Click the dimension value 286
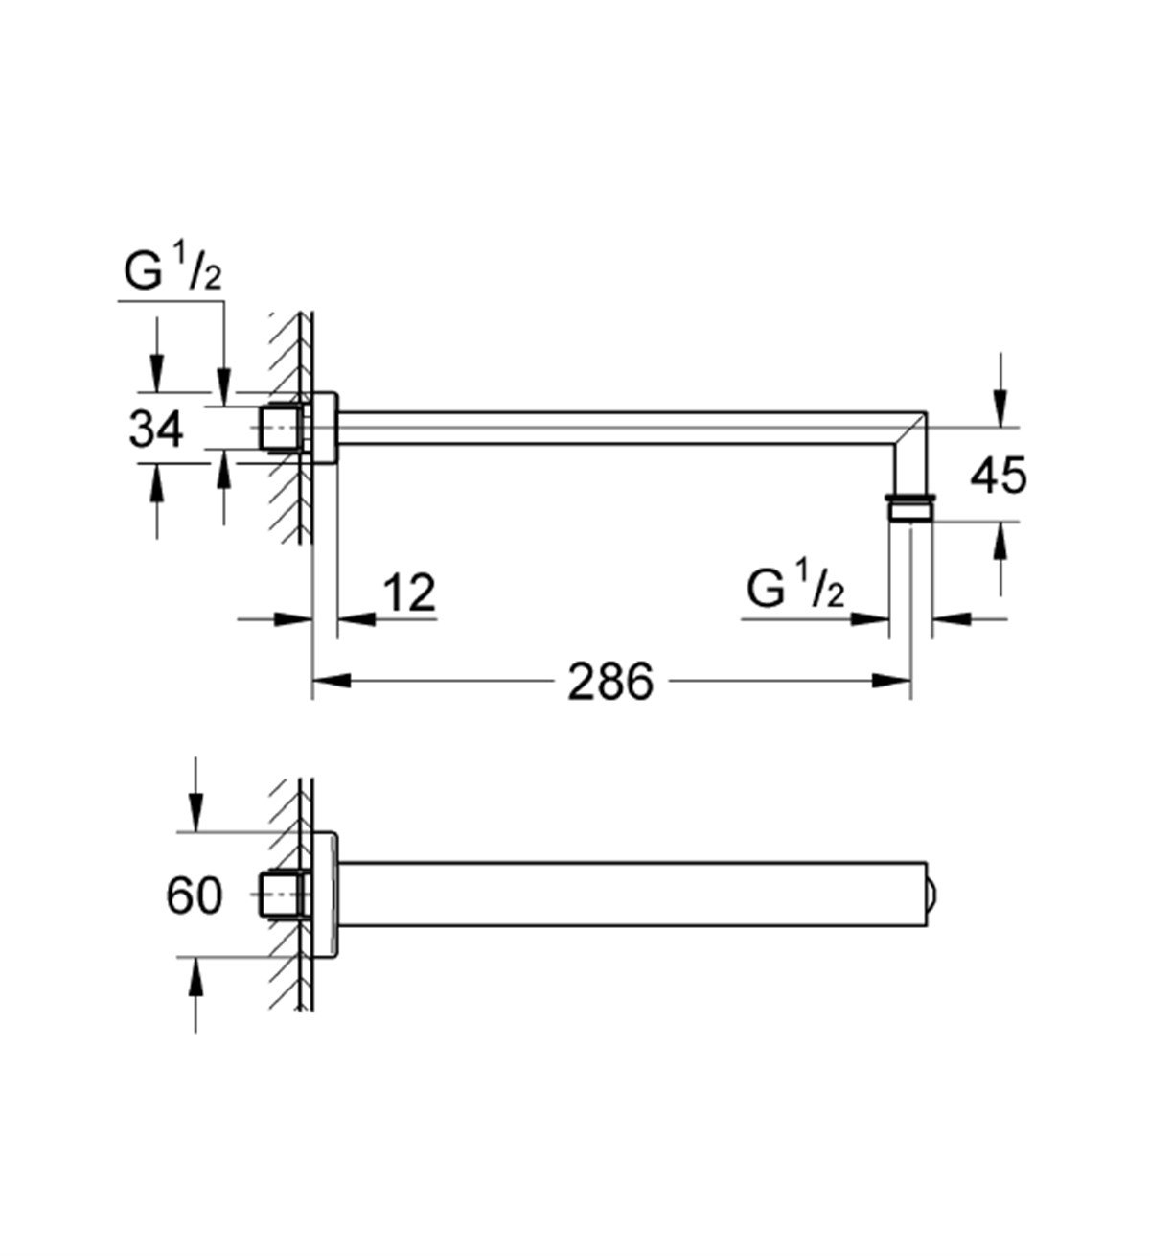tap(609, 682)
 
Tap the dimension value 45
tap(998, 475)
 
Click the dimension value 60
tap(195, 895)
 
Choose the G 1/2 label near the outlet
tap(795, 592)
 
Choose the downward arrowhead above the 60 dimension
tap(195, 816)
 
